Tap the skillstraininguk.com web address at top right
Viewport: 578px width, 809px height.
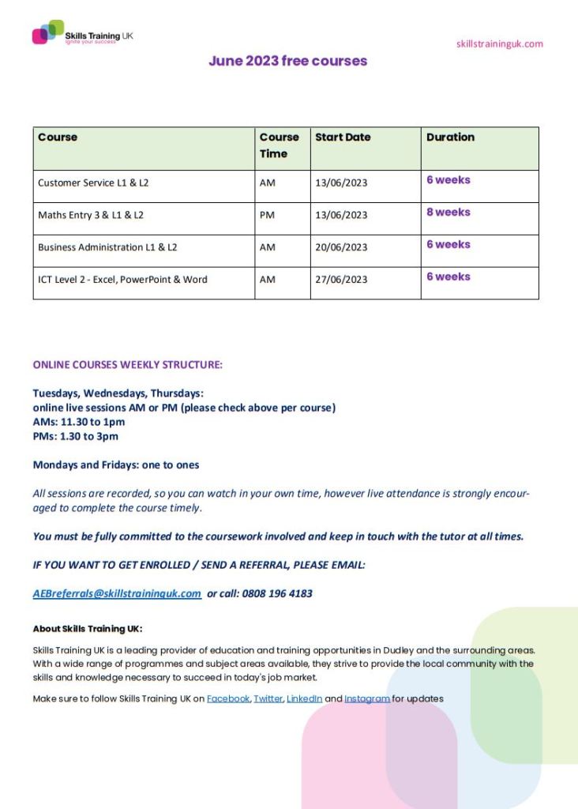tap(499, 43)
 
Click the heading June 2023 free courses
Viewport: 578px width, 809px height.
tap(287, 61)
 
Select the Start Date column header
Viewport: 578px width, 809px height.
tap(343, 137)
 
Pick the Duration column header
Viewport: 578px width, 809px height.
tap(450, 137)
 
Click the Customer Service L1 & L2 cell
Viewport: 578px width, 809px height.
tap(93, 182)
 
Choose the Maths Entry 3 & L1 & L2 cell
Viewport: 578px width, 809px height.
tap(91, 215)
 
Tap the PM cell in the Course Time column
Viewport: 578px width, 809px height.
tap(267, 215)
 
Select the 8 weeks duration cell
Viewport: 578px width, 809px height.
tap(448, 213)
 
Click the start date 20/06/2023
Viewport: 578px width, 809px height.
tap(341, 247)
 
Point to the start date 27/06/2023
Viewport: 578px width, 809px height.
tap(341, 280)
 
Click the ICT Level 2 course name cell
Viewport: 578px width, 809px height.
tap(122, 280)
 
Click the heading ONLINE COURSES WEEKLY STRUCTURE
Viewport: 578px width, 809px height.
tap(128, 365)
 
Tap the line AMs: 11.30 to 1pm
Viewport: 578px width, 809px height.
tap(79, 422)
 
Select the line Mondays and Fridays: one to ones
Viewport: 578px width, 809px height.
tap(116, 465)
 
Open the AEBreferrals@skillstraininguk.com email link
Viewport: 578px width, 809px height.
tap(117, 593)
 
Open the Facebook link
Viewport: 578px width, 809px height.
tap(227, 699)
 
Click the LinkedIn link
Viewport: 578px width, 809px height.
tap(304, 699)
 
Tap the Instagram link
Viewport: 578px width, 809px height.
tap(367, 699)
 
